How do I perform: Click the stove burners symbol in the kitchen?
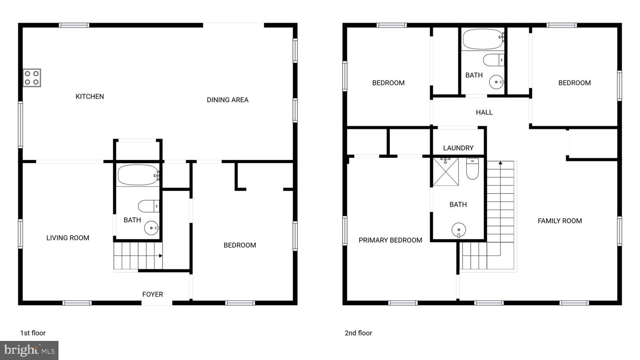click(x=32, y=78)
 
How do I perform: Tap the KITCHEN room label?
click(x=90, y=96)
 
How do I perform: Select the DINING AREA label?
click(x=228, y=100)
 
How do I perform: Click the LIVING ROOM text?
click(x=68, y=238)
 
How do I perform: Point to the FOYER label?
click(x=152, y=294)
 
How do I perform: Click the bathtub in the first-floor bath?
click(x=138, y=175)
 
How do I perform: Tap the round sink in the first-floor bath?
click(x=152, y=228)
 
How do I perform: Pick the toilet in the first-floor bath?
click(x=148, y=206)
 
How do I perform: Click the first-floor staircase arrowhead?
click(x=160, y=256)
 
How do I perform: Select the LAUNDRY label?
click(x=458, y=148)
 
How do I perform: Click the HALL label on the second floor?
click(x=484, y=112)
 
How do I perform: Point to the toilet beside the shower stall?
click(x=472, y=169)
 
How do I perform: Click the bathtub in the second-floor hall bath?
click(x=483, y=40)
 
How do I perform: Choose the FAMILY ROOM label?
click(x=560, y=221)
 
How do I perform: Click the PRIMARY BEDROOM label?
click(x=390, y=240)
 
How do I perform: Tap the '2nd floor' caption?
click(x=358, y=333)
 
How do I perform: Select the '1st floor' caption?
click(x=33, y=333)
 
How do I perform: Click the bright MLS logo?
click(x=29, y=350)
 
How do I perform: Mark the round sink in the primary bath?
click(x=459, y=230)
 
